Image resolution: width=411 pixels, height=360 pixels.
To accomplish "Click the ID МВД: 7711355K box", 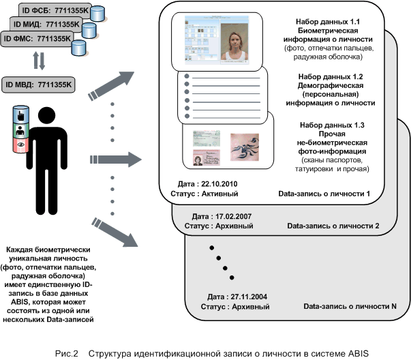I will point(38,85).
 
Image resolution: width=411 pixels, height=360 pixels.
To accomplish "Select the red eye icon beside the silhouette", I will point(19,145).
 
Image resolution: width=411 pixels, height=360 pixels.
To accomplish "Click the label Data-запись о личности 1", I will point(324,194).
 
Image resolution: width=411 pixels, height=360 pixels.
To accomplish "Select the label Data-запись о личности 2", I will point(333,224).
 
